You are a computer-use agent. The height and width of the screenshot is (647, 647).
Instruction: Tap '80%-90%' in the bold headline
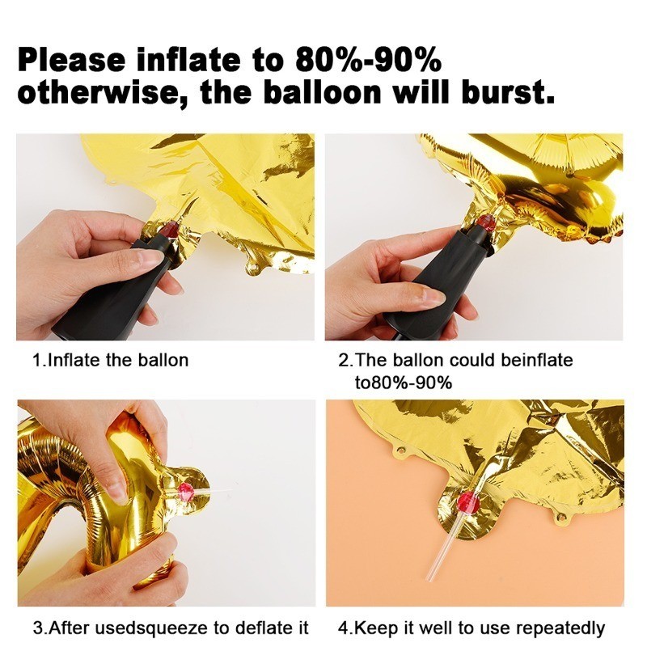(x=369, y=58)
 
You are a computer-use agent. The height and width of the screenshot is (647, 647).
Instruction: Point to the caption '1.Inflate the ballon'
(x=111, y=360)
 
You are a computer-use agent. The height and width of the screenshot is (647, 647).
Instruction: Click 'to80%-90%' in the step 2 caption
(x=404, y=383)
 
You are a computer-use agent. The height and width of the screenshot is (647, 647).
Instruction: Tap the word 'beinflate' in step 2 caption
(x=537, y=360)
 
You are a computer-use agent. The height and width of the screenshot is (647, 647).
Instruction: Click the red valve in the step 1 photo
(x=171, y=228)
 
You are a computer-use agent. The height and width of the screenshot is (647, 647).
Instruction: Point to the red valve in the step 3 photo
(x=185, y=492)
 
